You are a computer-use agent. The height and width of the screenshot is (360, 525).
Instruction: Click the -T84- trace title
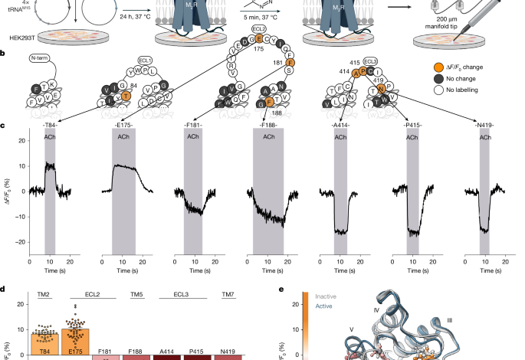(50, 124)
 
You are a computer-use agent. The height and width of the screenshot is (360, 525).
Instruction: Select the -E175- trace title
(123, 124)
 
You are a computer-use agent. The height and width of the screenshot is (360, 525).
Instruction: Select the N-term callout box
(39, 57)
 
